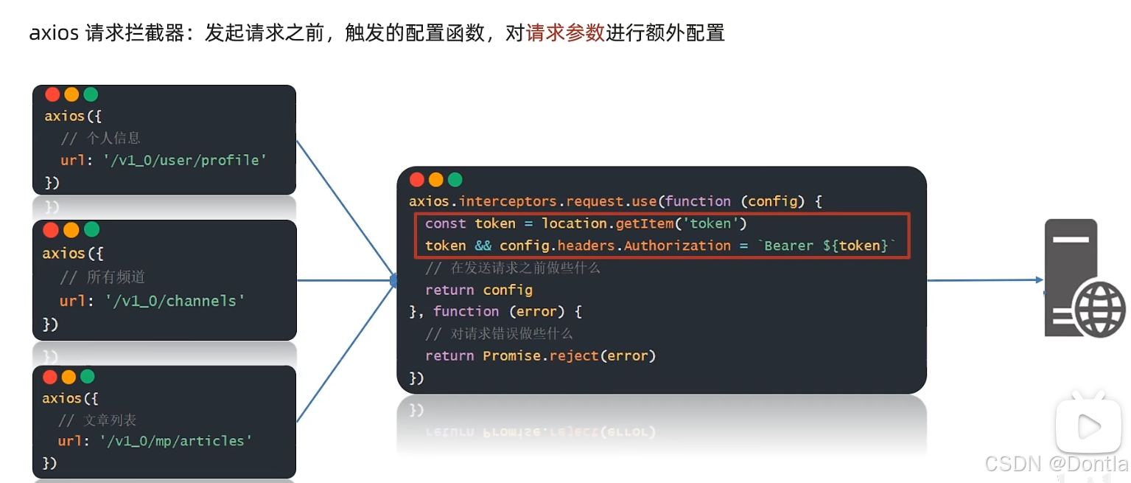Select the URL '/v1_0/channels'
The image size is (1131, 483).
click(x=172, y=301)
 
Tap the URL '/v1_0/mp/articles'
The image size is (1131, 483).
click(x=176, y=441)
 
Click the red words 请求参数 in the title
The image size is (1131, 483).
click(x=565, y=33)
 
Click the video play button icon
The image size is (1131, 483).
click(x=1088, y=425)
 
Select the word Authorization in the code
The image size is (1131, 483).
click(x=677, y=246)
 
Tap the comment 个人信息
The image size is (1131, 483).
click(x=113, y=138)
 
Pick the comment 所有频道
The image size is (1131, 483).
click(x=116, y=277)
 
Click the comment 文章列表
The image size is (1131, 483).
click(x=110, y=420)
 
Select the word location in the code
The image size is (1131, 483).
click(x=575, y=223)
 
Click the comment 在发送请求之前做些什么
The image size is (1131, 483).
click(x=525, y=268)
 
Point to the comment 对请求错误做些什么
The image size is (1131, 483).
click(x=511, y=333)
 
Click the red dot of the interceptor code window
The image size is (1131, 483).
click(x=417, y=180)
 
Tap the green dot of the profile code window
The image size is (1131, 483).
click(x=91, y=94)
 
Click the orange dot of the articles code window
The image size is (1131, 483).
click(x=69, y=377)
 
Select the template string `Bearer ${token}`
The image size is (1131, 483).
click(x=827, y=246)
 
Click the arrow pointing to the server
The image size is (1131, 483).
click(x=984, y=280)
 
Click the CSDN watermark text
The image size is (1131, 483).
click(x=1055, y=464)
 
